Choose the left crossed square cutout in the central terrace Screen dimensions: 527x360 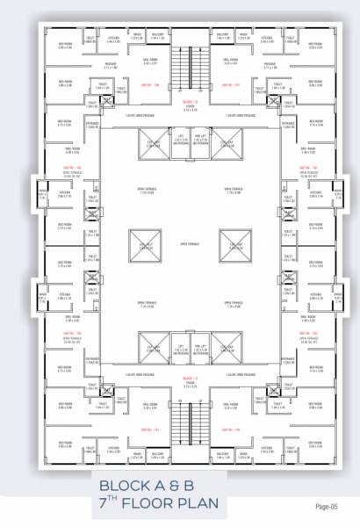coord(141,243)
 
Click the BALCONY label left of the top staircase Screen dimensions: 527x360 coord(157,36)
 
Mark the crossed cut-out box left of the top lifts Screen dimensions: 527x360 coord(154,141)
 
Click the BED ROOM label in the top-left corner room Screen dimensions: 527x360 coord(64,44)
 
